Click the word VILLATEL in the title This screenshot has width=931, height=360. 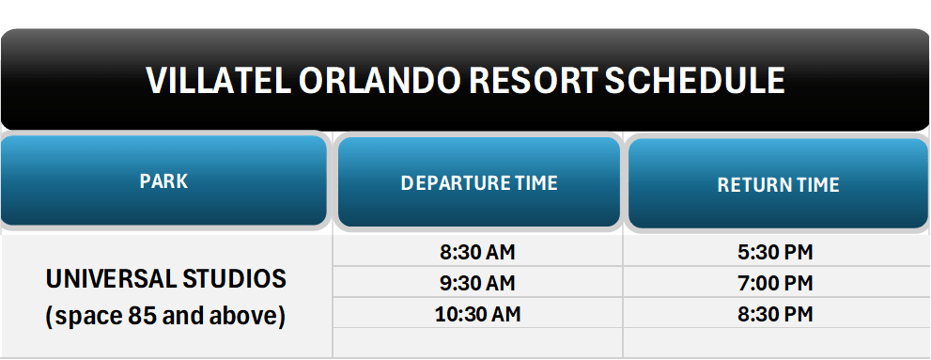coord(218,81)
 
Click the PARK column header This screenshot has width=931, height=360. coord(163,181)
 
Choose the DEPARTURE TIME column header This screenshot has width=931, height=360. coord(479,182)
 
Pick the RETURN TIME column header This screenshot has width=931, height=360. coord(778,185)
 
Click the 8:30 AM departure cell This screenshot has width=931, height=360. coord(477,252)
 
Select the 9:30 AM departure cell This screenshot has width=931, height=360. coord(477,282)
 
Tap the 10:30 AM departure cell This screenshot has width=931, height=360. coord(477,313)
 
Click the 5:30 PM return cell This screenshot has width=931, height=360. coord(776,252)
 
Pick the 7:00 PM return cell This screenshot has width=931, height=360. coord(776,282)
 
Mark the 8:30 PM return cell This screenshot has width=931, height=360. coord(776,313)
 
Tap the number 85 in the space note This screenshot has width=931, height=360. coord(133,317)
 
